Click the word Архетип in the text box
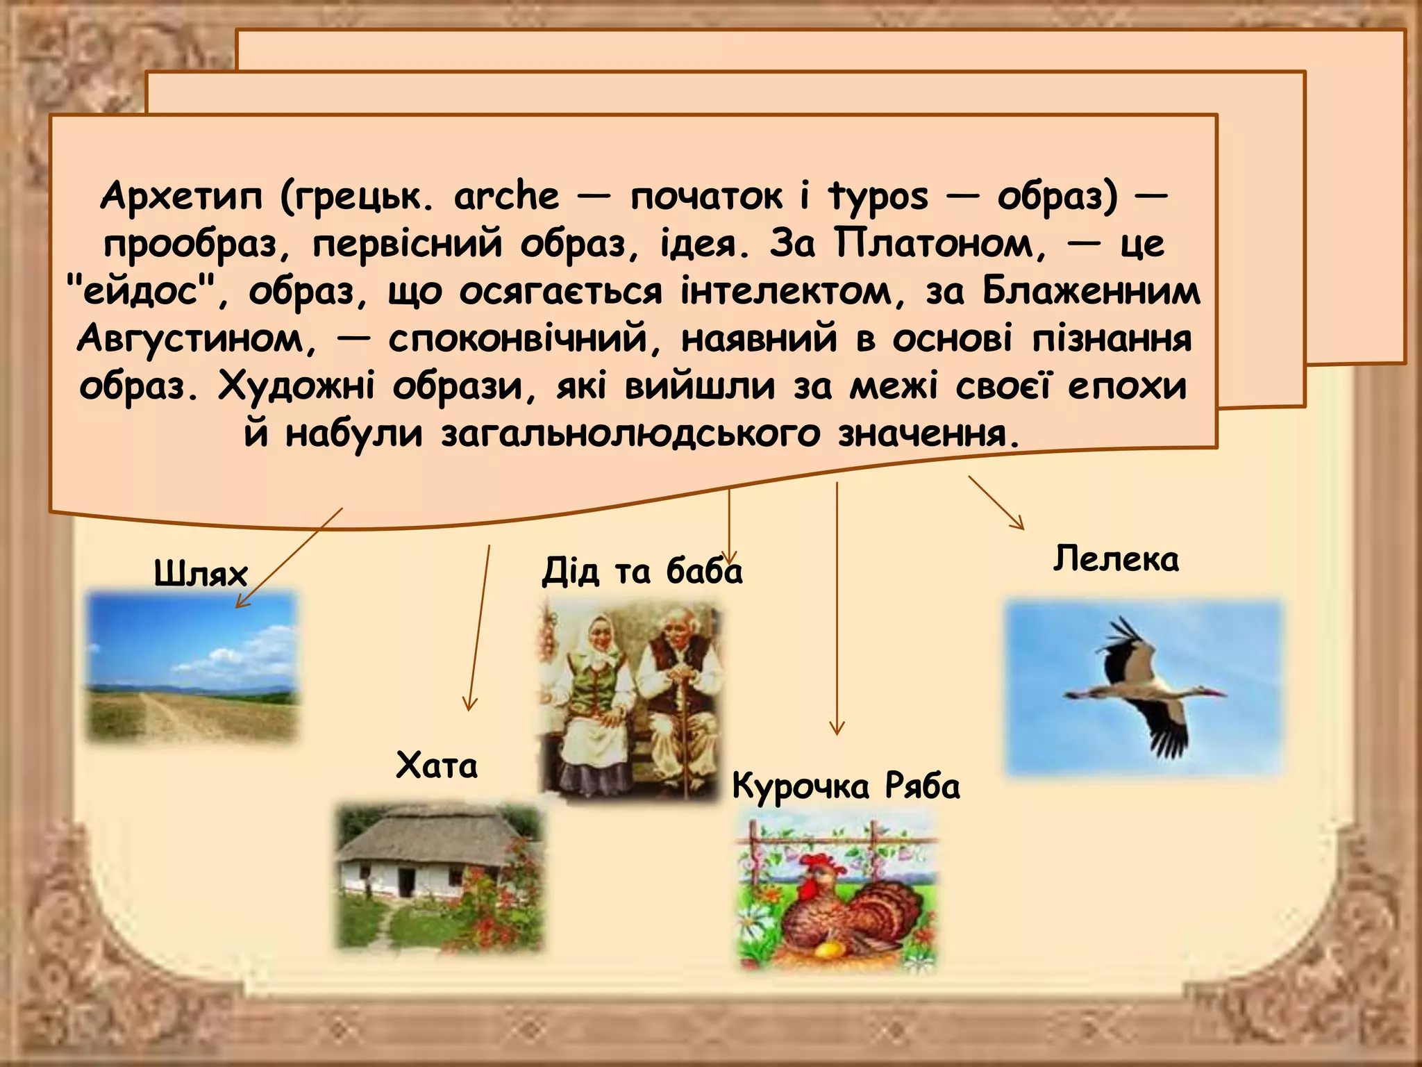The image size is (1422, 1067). [181, 196]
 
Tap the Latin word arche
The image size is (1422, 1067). [506, 196]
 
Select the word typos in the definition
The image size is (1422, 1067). [878, 197]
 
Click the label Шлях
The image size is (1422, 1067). [201, 574]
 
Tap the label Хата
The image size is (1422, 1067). [437, 766]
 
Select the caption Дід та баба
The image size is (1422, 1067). [642, 571]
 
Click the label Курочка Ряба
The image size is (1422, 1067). [846, 786]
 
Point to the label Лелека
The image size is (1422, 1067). [1116, 559]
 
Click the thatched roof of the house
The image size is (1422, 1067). [430, 837]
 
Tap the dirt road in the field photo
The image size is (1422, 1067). [167, 716]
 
